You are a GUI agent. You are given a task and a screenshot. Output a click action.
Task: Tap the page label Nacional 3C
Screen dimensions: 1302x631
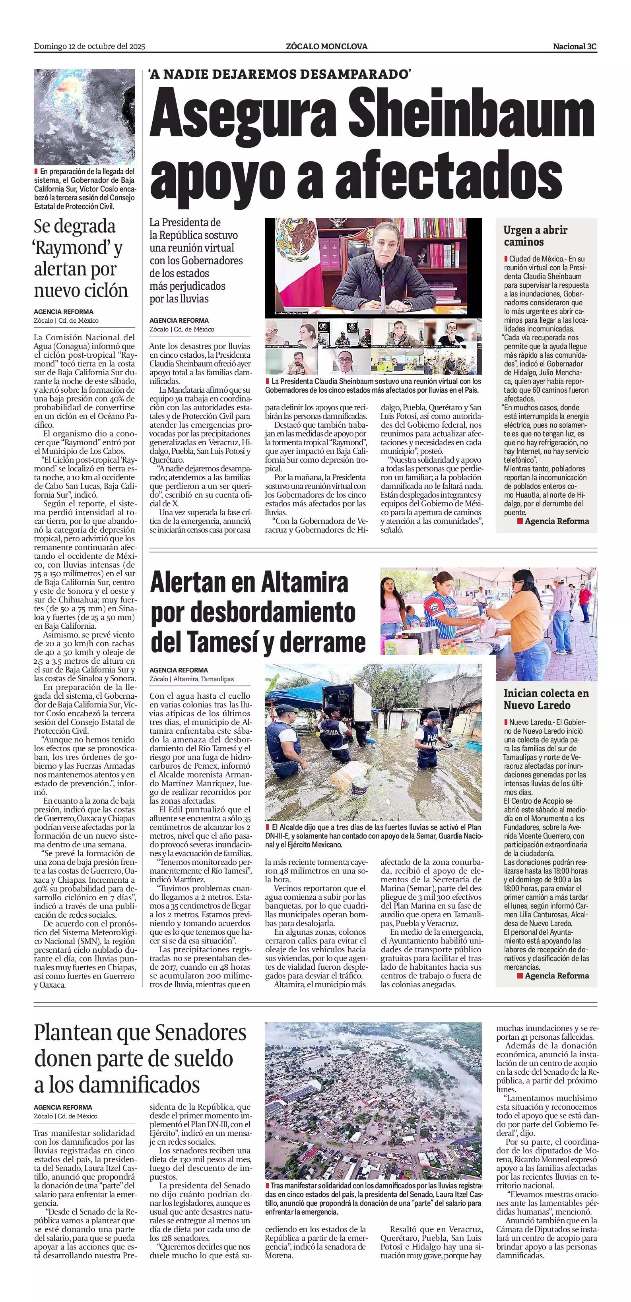(x=575, y=46)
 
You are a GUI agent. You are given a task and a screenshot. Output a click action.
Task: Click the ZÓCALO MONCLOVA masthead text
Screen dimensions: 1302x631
(x=326, y=46)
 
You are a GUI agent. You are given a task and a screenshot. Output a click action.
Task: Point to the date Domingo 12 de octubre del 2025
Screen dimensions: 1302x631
(x=89, y=46)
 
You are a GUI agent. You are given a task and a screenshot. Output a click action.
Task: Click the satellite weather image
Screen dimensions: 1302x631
(x=84, y=116)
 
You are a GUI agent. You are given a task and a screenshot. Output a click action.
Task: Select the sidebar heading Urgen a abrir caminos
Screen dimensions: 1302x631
(x=535, y=236)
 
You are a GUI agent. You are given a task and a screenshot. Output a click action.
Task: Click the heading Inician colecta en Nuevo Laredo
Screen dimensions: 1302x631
(x=546, y=699)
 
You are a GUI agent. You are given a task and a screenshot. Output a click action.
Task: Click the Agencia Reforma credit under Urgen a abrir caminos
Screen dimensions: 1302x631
(x=556, y=521)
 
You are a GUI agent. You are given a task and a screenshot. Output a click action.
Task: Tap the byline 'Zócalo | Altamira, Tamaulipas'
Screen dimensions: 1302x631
(x=192, y=679)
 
